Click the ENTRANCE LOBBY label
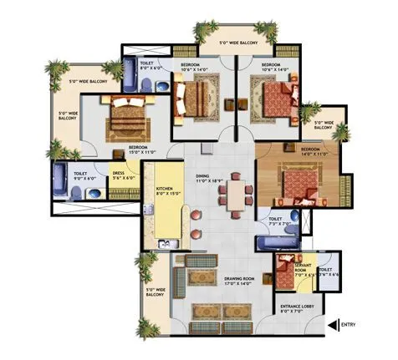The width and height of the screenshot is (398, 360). (x=296, y=309)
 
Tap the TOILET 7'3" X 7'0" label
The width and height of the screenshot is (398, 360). (x=278, y=223)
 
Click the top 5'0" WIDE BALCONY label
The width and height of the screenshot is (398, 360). (x=238, y=43)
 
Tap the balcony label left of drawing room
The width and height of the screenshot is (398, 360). (x=155, y=292)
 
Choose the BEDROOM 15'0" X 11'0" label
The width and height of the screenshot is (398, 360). (x=139, y=152)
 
